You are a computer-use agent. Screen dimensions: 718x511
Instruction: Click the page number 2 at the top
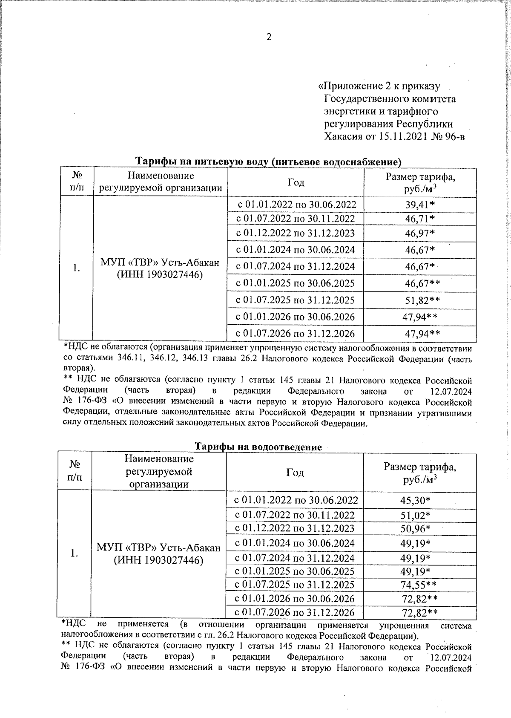pyautogui.click(x=269, y=37)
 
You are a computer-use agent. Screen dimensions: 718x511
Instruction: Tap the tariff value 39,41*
pyautogui.click(x=420, y=205)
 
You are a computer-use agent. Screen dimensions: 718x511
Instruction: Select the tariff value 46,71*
pyautogui.click(x=420, y=219)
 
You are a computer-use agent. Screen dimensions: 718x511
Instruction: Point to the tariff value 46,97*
pyautogui.click(x=420, y=234)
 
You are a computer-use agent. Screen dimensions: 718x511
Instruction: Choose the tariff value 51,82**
pyautogui.click(x=422, y=300)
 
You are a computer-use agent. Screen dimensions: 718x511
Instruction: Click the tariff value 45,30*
pyautogui.click(x=415, y=500)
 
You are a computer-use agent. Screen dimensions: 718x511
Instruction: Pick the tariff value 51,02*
pyautogui.click(x=415, y=516)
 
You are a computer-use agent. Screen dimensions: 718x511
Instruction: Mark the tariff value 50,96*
pyautogui.click(x=415, y=529)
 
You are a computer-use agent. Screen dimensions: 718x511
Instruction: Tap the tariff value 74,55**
pyautogui.click(x=419, y=585)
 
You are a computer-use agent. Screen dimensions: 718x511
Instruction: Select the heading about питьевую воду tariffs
pyautogui.click(x=268, y=162)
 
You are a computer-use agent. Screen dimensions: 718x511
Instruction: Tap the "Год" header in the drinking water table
pyautogui.click(x=296, y=182)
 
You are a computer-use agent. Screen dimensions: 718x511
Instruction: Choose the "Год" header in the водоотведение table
pyautogui.click(x=295, y=472)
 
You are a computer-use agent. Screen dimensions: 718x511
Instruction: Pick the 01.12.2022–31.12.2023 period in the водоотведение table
pyautogui.click(x=295, y=529)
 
